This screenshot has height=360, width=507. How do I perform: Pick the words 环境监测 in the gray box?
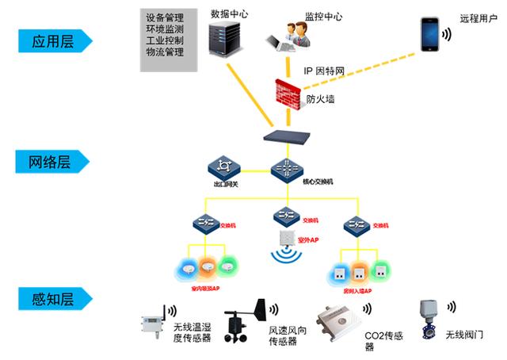point(165,29)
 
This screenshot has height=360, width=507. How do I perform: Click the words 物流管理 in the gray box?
point(165,52)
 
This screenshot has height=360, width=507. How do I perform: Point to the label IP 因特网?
point(324,71)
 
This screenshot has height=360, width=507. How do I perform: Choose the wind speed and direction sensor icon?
point(240,326)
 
